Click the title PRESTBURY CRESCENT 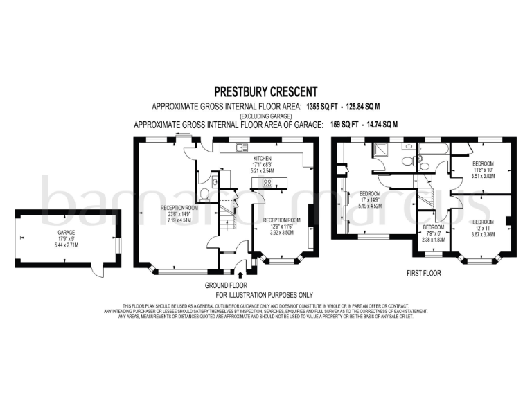[265, 91]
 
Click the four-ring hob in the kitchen [266, 183]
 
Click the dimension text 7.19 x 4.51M [180, 220]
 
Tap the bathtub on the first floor [431, 148]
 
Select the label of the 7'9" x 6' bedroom [434, 227]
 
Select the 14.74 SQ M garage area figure [377, 125]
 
